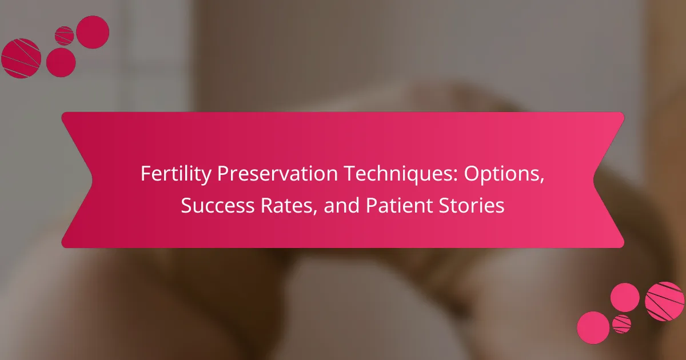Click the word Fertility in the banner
click(x=176, y=174)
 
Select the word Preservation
click(x=277, y=173)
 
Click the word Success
click(x=217, y=205)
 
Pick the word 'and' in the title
click(x=341, y=205)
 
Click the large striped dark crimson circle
click(x=21, y=58)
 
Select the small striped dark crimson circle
click(x=64, y=35)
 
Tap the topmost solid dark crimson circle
click(x=93, y=32)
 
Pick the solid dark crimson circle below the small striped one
click(x=61, y=62)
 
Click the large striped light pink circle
click(x=664, y=302)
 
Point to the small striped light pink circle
click(x=622, y=324)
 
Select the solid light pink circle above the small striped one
click(x=625, y=298)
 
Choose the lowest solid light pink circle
click(x=593, y=327)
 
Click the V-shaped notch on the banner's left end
click(x=91, y=180)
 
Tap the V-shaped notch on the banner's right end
click(x=594, y=180)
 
